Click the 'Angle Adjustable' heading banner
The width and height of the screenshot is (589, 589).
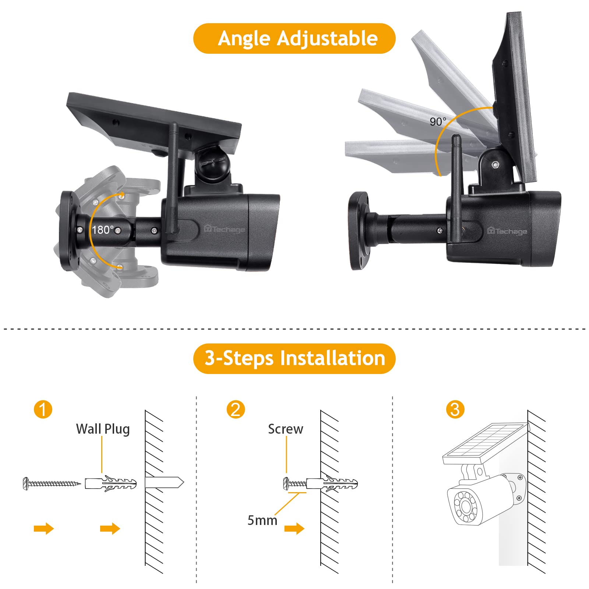[294, 39]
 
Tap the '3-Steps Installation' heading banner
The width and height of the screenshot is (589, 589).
[294, 359]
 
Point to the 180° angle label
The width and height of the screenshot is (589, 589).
[103, 230]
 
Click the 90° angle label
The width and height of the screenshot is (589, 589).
[438, 121]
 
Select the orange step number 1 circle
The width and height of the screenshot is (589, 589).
[43, 409]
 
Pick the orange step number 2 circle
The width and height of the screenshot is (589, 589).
[236, 409]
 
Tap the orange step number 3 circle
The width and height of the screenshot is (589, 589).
[455, 409]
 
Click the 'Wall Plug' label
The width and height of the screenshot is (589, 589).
[103, 429]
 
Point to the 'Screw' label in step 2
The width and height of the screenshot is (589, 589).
[285, 429]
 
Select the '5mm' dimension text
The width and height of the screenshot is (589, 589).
[262, 521]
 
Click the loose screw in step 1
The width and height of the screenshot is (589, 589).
[52, 483]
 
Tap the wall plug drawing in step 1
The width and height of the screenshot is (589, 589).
[111, 483]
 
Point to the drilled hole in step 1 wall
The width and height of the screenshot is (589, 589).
[164, 483]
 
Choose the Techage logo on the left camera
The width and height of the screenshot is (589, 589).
[224, 229]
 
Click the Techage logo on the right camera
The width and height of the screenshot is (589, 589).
[507, 231]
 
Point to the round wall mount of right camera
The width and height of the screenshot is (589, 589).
[359, 231]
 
